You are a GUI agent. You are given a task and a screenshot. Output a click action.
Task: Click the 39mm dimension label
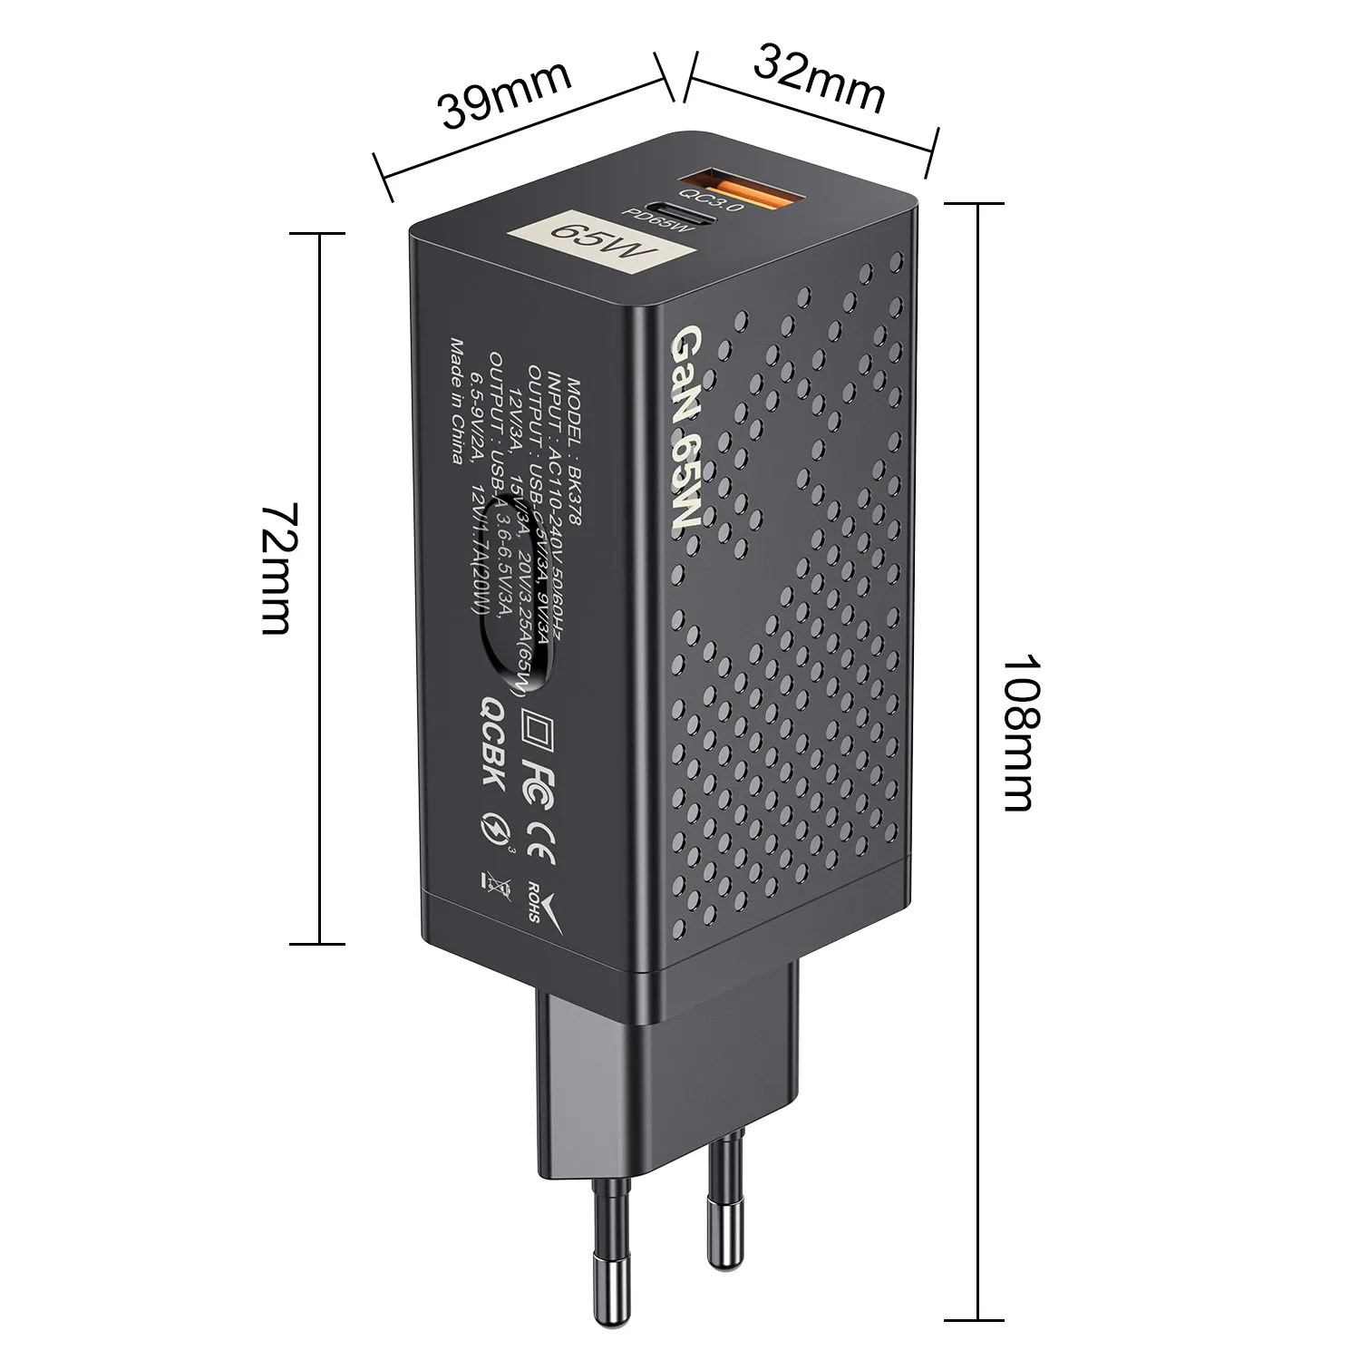click(505, 94)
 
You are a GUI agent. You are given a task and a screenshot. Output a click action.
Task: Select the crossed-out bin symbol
click(485, 884)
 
